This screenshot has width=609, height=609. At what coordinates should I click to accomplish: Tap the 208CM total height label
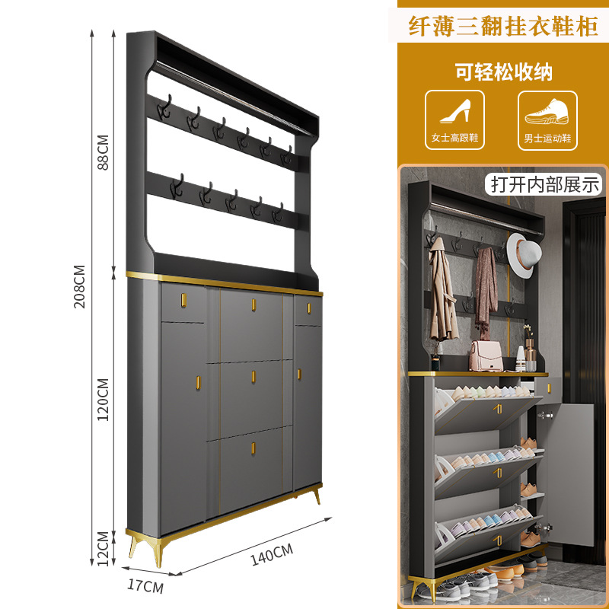pos(80,286)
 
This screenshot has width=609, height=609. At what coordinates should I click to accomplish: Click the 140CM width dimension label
pos(272,555)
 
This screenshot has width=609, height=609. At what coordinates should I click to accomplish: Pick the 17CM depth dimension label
pos(145,587)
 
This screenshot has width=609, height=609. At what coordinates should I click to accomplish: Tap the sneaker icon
pos(547,112)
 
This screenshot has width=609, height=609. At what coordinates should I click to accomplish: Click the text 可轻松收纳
pos(503,72)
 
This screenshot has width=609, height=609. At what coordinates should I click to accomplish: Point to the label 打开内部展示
pos(546,183)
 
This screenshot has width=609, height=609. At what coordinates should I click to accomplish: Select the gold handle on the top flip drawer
pos(253,305)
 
